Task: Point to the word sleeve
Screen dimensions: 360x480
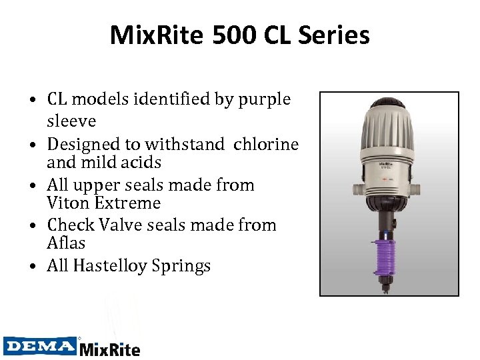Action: [x=71, y=121]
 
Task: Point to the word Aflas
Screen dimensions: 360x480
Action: [x=66, y=243]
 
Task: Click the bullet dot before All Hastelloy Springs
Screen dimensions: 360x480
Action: [x=32, y=267]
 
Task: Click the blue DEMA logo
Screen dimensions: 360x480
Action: [x=39, y=346]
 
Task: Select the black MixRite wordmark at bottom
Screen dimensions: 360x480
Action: [x=110, y=348]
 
